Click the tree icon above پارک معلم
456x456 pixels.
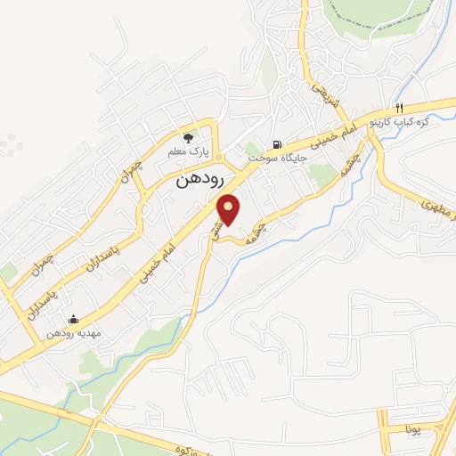coord(188,138)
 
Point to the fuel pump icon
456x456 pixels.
coord(277,143)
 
